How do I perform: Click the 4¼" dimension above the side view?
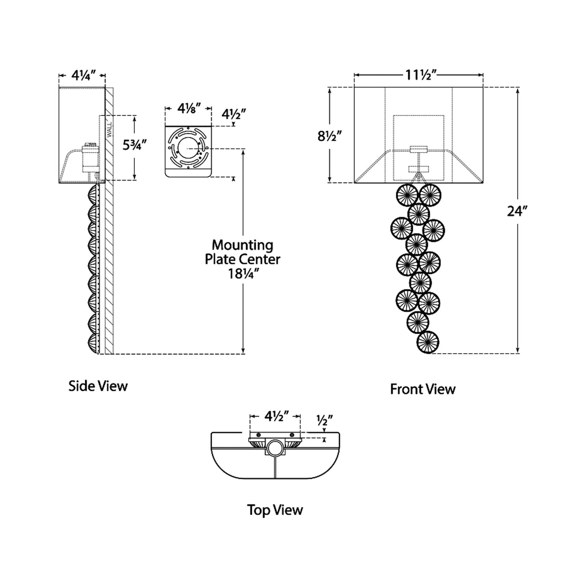83,75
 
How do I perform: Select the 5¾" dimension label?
134,144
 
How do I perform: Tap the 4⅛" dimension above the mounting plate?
189,108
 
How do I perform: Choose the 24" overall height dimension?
517,211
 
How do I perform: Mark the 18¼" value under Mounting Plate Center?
243,274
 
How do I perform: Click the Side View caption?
98,386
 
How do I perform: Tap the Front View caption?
423,389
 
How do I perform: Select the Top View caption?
275,510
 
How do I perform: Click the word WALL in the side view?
108,130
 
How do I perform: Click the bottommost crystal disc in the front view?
428,342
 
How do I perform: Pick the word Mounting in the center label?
243,245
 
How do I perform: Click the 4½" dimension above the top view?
276,416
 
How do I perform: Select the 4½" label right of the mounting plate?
234,114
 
